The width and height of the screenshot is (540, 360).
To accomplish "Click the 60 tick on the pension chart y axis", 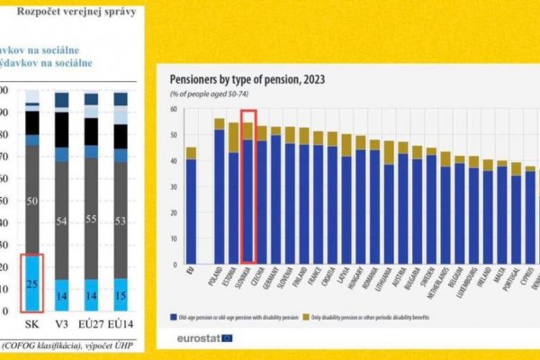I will click(x=170, y=109).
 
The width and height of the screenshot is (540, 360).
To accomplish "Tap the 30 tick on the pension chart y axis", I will click(x=170, y=187).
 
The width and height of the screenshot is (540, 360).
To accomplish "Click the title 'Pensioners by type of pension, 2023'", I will click(x=247, y=79).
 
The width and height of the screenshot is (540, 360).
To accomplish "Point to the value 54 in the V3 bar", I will click(x=61, y=221).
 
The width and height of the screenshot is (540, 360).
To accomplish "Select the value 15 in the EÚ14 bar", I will click(x=120, y=293).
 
